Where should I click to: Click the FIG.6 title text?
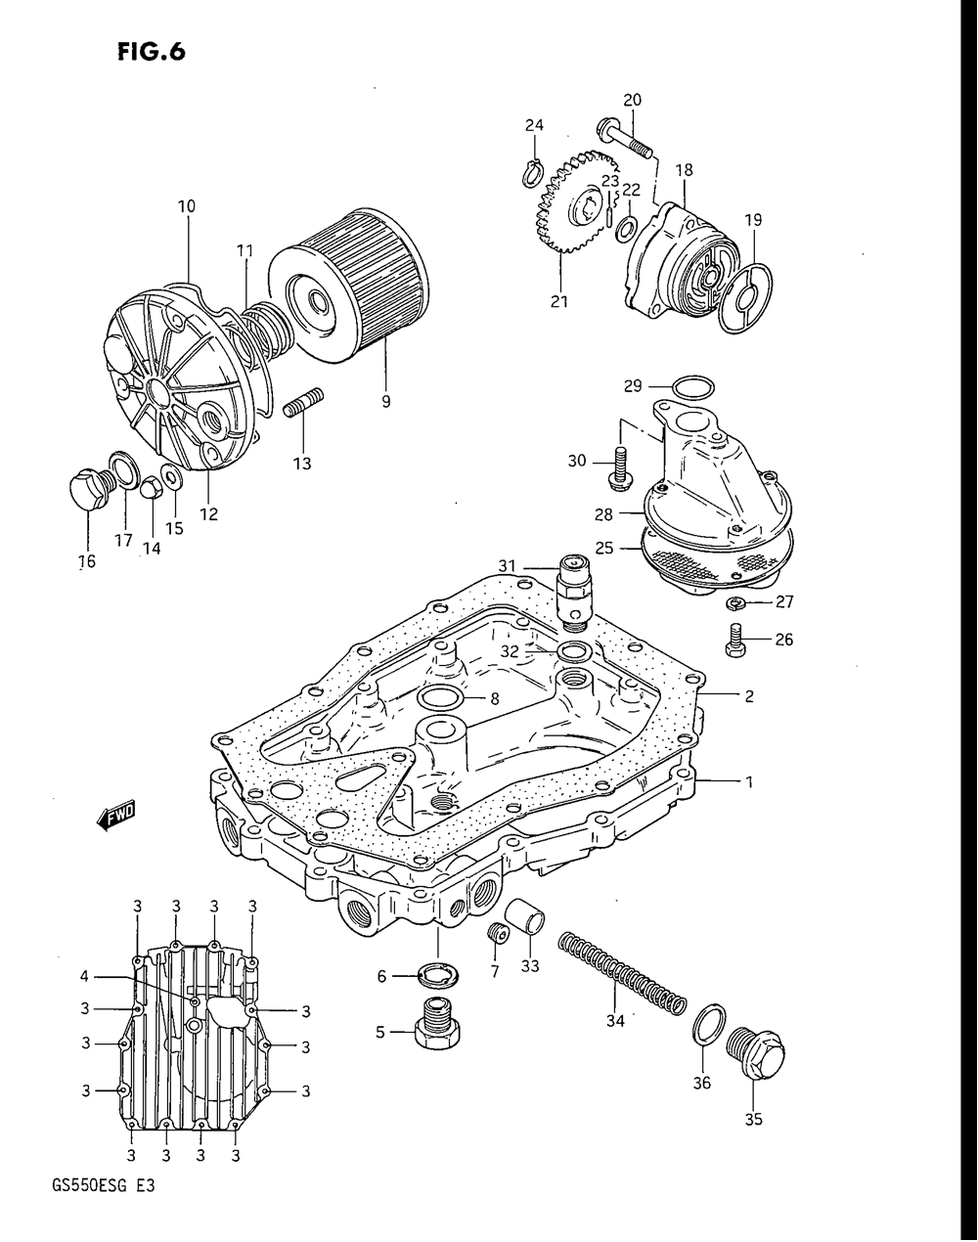click(149, 50)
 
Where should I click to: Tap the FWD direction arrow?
click(116, 816)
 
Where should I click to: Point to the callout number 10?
click(186, 206)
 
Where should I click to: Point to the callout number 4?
click(84, 975)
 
